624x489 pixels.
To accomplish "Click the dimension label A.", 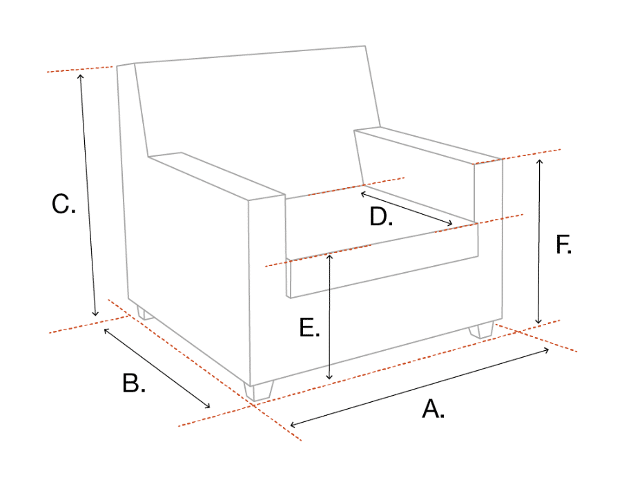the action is (433, 409).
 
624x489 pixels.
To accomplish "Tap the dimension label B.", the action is (134, 383).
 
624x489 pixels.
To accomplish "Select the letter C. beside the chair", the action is (64, 204).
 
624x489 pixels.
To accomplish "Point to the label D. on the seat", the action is (381, 217).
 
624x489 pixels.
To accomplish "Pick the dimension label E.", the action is (309, 327).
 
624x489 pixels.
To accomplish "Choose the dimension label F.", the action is (563, 245).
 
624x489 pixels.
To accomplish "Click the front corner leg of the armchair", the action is (259, 392).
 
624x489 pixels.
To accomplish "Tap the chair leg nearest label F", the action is (481, 330).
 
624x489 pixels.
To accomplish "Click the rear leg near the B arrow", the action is (145, 313).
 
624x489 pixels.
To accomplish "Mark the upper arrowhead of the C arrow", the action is (80, 76).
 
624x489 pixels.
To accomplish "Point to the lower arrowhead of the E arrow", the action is (329, 377).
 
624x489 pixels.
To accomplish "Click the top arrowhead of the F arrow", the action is (540, 162).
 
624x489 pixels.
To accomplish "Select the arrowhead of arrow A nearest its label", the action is (293, 425).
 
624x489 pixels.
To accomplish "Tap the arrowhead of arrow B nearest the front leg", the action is (208, 406).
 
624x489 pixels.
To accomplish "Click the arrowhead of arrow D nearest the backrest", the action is (363, 194).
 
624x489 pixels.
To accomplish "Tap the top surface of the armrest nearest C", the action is (217, 176).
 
